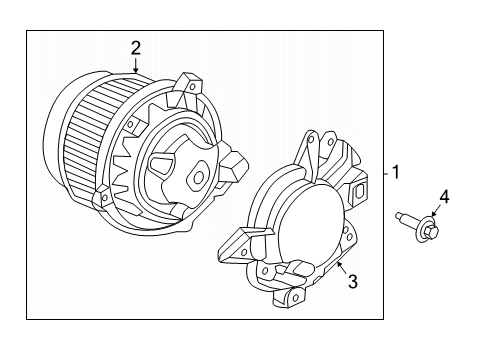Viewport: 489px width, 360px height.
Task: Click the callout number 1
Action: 396,172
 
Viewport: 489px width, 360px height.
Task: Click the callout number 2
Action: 136,48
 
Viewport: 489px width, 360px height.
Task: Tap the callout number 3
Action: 353,281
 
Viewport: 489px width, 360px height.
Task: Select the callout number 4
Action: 444,197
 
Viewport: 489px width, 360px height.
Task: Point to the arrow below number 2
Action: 135,65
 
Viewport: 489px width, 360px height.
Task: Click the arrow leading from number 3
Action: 342,268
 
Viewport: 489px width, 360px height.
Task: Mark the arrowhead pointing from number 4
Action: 433,214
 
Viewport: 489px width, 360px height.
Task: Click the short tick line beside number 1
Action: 386,173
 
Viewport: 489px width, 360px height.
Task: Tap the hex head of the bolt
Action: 432,230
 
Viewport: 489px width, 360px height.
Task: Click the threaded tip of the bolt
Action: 399,216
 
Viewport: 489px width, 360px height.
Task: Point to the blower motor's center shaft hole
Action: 199,177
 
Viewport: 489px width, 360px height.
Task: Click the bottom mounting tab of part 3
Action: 289,297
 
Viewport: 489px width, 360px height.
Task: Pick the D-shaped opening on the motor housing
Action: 162,164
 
